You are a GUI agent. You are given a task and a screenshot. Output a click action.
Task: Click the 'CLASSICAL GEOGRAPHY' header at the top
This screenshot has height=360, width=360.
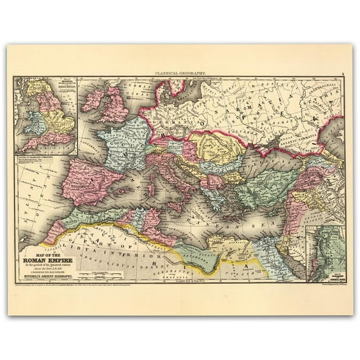pyautogui.click(x=181, y=74)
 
